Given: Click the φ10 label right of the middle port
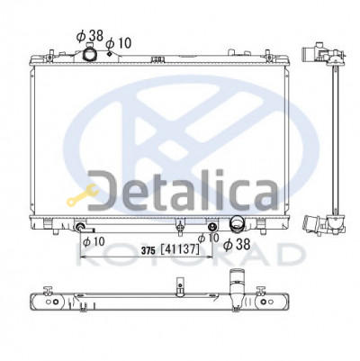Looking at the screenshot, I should pyautogui.click(x=208, y=237).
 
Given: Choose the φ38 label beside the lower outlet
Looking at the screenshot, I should pyautogui.click(x=236, y=243).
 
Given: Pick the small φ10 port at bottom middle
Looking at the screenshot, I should pyautogui.click(x=212, y=226).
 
